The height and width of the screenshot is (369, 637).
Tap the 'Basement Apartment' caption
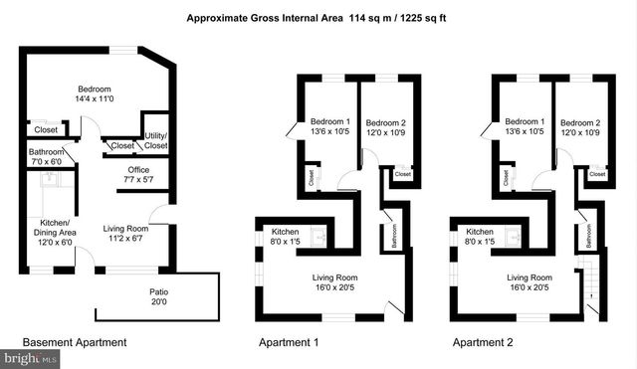pos(74,343)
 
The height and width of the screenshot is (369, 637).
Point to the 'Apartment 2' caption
pos(485,343)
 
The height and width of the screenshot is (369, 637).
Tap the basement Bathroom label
pos(45,157)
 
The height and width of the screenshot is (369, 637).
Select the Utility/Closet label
pos(155,140)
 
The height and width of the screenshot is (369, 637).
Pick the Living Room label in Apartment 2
pos(529,282)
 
